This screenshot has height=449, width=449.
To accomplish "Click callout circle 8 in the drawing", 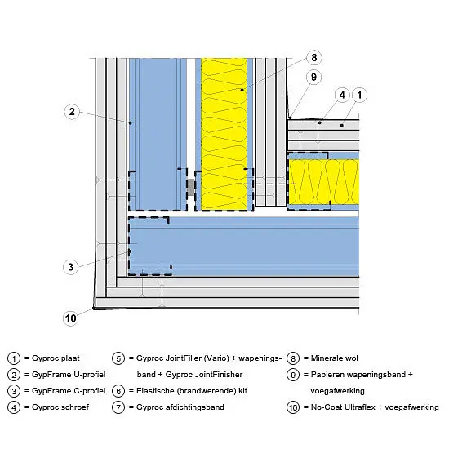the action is click(x=314, y=58).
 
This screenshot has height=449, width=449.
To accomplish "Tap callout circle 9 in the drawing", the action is click(x=313, y=77).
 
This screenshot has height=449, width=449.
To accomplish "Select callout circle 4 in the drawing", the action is click(x=342, y=95).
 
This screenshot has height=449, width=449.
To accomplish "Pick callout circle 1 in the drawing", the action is click(x=359, y=95).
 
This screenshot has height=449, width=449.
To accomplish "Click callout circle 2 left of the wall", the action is click(x=72, y=111).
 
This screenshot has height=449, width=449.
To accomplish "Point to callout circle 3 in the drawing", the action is click(x=70, y=267).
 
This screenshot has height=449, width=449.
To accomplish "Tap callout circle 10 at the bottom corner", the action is click(x=70, y=318).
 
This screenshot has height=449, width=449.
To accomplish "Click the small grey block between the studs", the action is click(x=191, y=187).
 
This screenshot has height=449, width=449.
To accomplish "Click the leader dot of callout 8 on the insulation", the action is click(x=242, y=90).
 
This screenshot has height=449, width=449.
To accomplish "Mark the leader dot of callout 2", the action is click(x=131, y=122).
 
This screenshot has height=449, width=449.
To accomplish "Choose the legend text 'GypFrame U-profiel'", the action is click(x=69, y=375).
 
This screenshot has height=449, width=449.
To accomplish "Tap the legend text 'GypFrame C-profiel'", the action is click(x=69, y=391).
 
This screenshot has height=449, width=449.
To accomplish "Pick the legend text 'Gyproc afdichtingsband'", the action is click(x=180, y=407).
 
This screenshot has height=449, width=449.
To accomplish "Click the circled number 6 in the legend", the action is click(x=118, y=391).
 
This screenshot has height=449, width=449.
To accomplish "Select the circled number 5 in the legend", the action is click(x=118, y=358).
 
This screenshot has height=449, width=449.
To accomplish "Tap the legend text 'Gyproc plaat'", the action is click(x=56, y=358).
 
